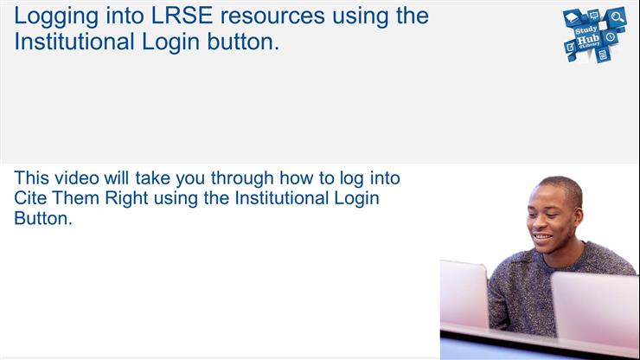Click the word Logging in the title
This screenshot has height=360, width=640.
coord(54,17)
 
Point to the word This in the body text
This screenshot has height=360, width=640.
coord(32,179)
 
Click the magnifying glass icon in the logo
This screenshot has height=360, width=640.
coord(617,16)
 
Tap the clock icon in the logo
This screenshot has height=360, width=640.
coord(610,37)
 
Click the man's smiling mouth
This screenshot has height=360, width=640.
coord(541,236)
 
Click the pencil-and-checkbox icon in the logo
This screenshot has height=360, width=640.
coord(570,47)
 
